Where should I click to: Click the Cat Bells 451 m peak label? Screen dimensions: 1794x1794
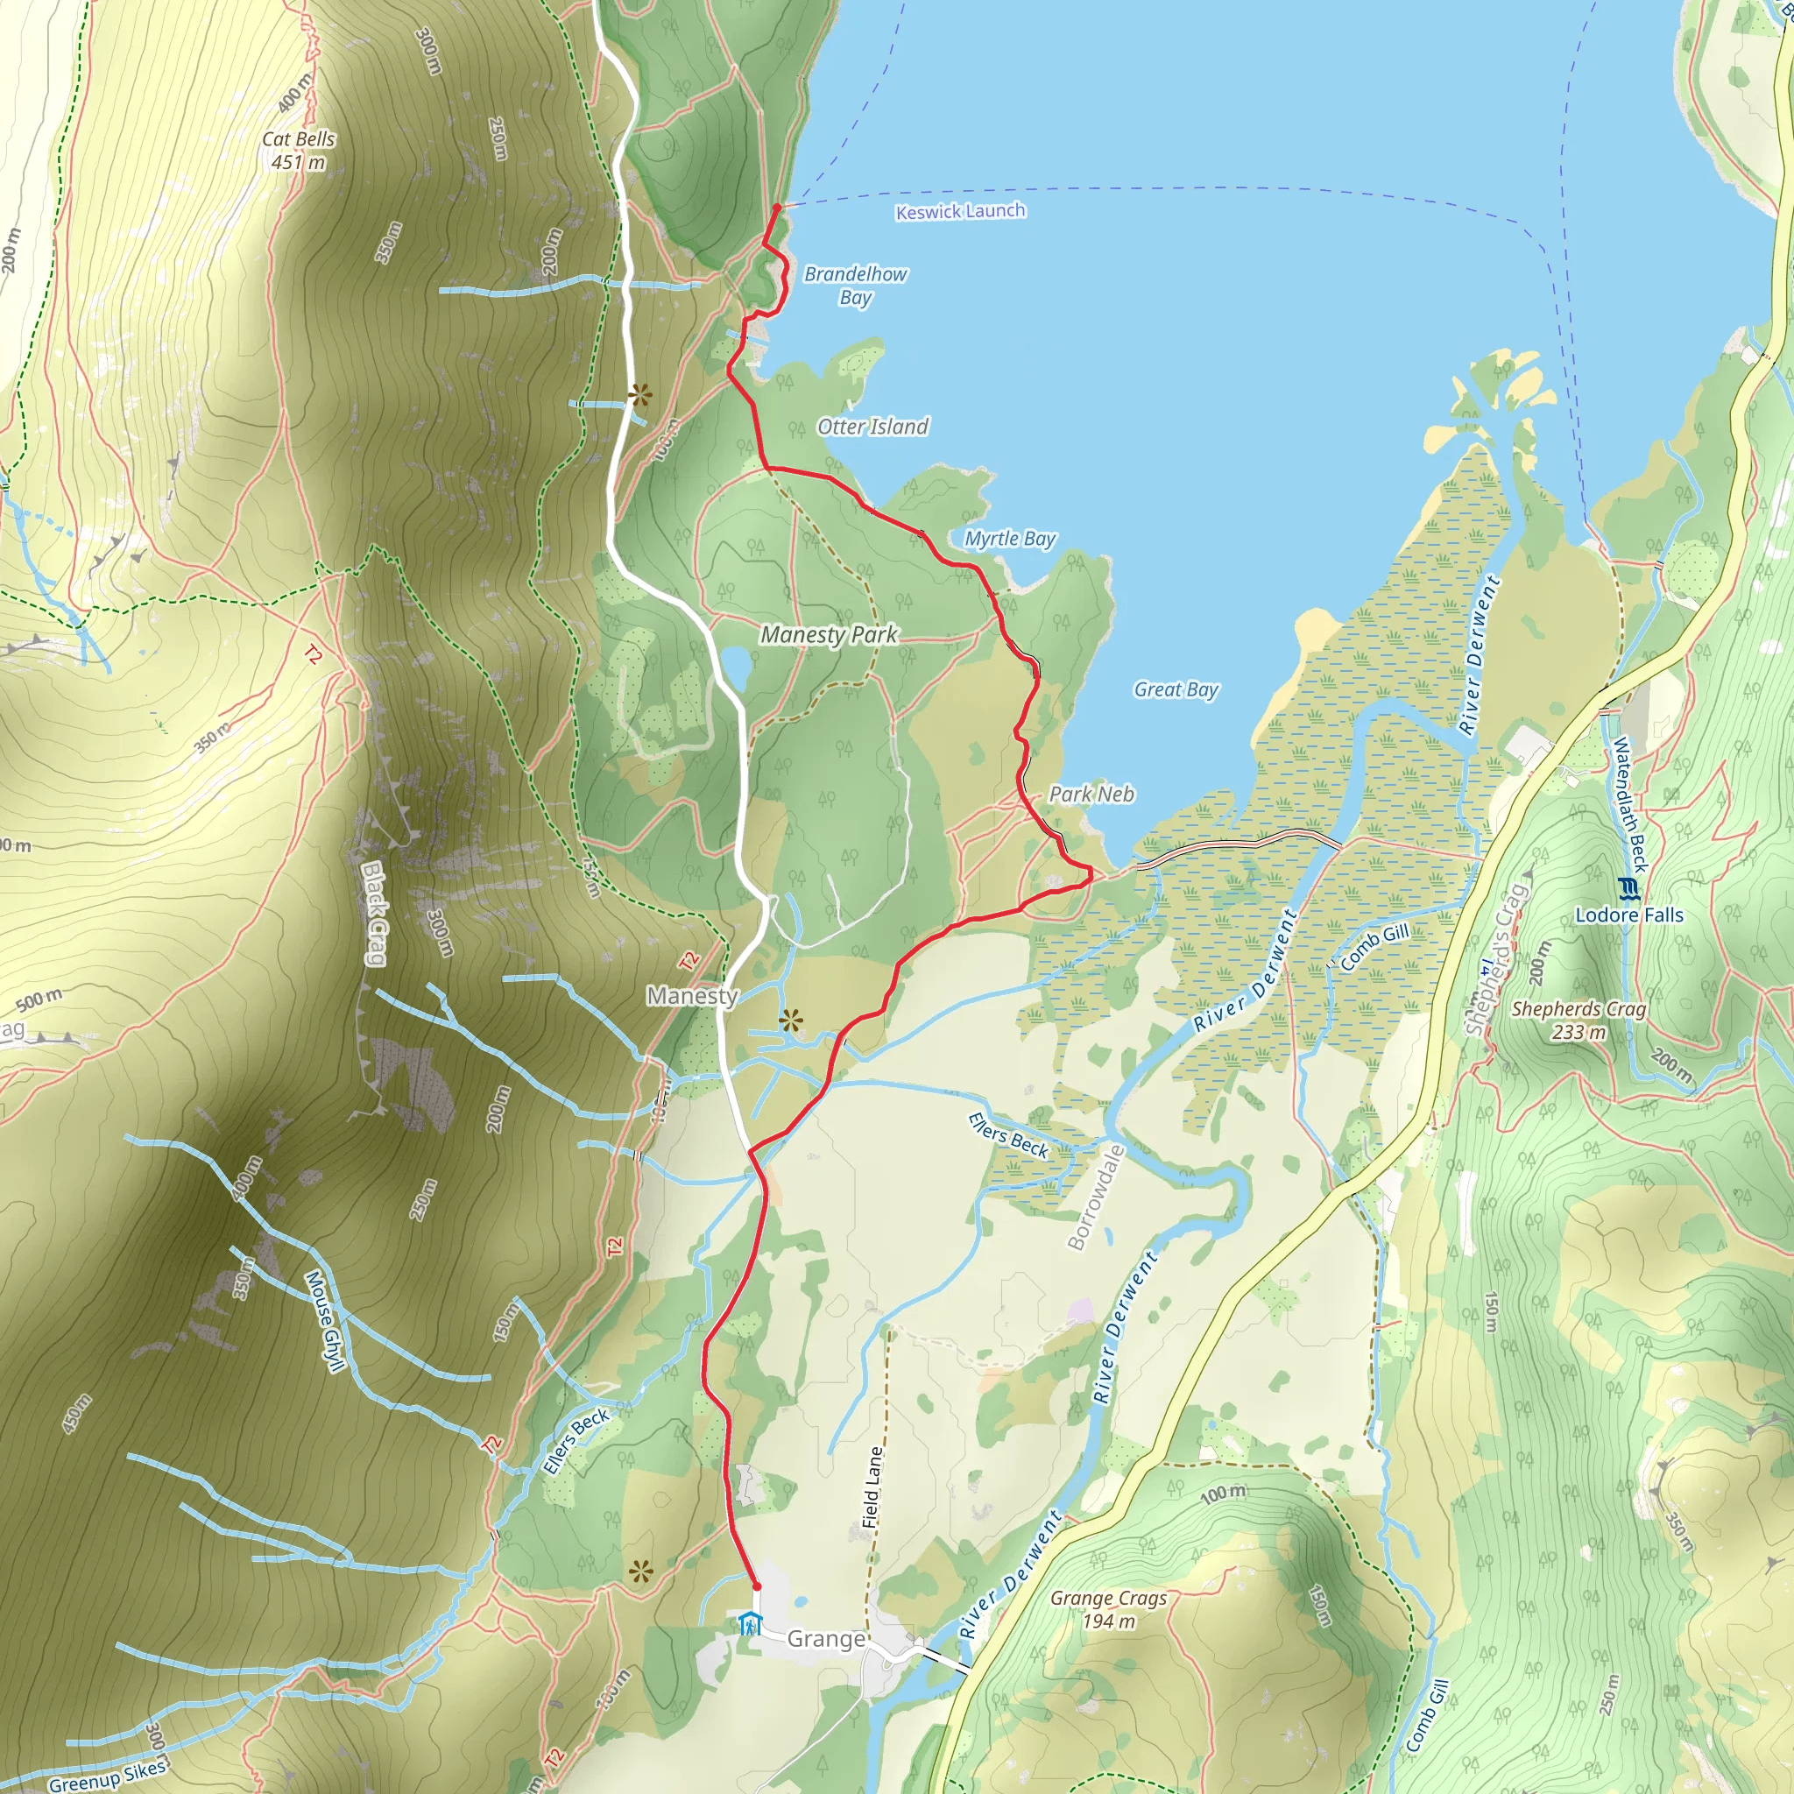pyautogui.click(x=298, y=151)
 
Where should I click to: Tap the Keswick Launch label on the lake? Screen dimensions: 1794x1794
pyautogui.click(x=960, y=212)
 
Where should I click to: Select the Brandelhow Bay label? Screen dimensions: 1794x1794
pyautogui.click(x=855, y=285)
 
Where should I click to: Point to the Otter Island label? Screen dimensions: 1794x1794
pyautogui.click(x=872, y=427)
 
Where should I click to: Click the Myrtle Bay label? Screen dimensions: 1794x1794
pyautogui.click(x=1010, y=539)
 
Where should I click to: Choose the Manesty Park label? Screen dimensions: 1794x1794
pyautogui.click(x=830, y=635)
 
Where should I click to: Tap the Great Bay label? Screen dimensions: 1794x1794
pyautogui.click(x=1176, y=689)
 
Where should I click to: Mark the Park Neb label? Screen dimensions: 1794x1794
pyautogui.click(x=1092, y=794)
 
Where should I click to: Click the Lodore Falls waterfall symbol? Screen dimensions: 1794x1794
pyautogui.click(x=1628, y=887)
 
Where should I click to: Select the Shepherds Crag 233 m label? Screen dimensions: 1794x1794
pyautogui.click(x=1579, y=1020)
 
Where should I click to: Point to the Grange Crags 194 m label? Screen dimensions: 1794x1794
pyautogui.click(x=1109, y=1609)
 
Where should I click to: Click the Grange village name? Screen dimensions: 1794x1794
pyautogui.click(x=826, y=1639)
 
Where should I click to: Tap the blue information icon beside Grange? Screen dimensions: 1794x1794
pyautogui.click(x=749, y=1624)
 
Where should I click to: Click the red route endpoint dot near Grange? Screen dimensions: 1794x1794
pyautogui.click(x=756, y=1587)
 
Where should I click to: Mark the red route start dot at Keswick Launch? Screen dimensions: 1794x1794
pyautogui.click(x=776, y=208)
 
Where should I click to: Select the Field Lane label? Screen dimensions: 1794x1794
pyautogui.click(x=872, y=1487)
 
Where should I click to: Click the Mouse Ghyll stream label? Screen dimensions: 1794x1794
pyautogui.click(x=324, y=1320)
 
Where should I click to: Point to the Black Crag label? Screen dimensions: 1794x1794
pyautogui.click(x=373, y=914)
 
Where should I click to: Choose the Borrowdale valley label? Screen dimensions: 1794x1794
pyautogui.click(x=1097, y=1197)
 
